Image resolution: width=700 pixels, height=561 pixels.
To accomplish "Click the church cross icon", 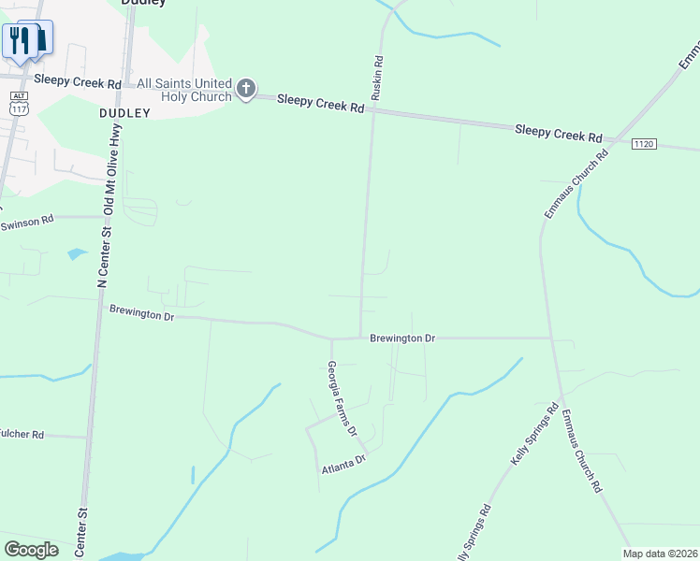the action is [x=245, y=89].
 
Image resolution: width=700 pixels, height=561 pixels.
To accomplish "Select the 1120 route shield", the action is [x=644, y=144].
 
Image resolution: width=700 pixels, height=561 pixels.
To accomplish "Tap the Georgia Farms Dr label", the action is [x=342, y=399].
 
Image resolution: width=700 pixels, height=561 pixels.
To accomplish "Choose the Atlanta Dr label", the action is [x=343, y=466].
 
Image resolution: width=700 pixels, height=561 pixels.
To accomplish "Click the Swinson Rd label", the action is [x=27, y=223].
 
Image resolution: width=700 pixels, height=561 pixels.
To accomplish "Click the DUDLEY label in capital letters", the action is [x=124, y=112].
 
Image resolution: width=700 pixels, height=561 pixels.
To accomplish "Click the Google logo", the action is [x=31, y=549].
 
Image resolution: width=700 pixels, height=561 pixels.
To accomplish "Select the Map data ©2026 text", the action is [x=660, y=554].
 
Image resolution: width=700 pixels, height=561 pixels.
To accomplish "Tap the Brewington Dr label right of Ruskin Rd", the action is [x=402, y=338].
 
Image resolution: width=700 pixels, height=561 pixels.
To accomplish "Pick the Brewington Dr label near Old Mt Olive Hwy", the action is [x=141, y=312].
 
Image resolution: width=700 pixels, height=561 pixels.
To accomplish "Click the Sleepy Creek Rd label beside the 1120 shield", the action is [x=558, y=133].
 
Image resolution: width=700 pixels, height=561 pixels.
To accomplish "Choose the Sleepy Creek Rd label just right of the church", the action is [x=320, y=103].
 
